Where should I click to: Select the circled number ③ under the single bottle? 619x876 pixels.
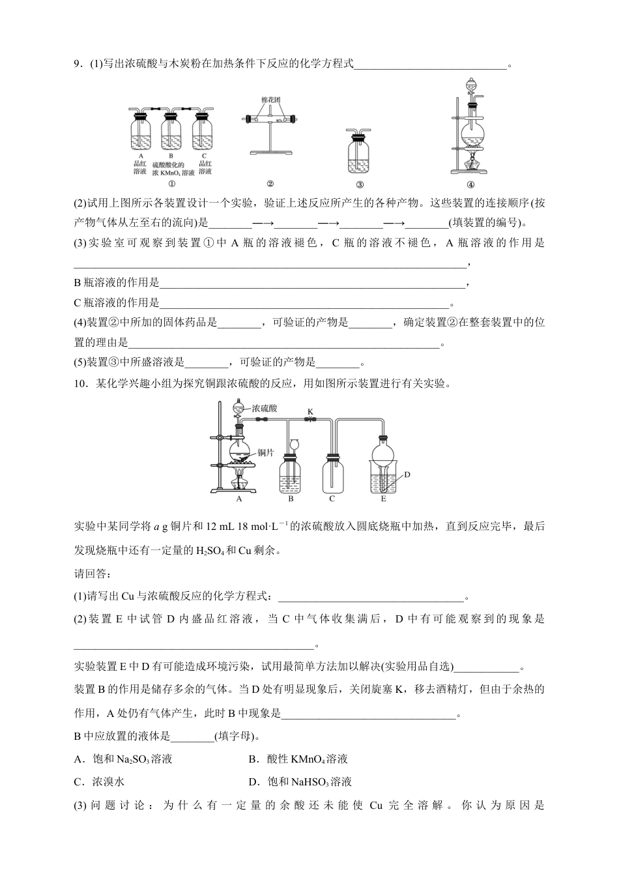tap(360, 184)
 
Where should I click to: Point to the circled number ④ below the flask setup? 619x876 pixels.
tap(470, 184)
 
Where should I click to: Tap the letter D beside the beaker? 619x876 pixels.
tap(407, 474)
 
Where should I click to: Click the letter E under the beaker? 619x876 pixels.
tap(383, 499)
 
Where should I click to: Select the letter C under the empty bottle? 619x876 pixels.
tap(332, 499)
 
